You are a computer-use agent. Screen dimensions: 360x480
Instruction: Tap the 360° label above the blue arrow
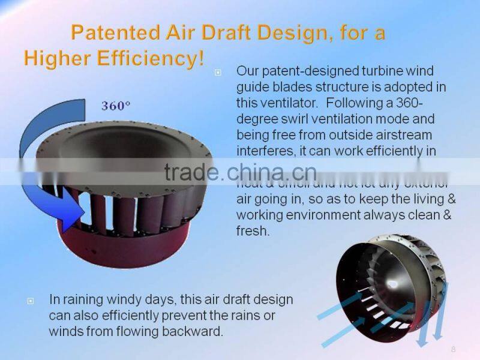pyautogui.click(x=116, y=106)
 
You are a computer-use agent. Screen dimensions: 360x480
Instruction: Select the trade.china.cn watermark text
pyautogui.click(x=240, y=172)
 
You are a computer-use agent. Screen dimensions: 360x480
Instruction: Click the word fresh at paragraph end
pyautogui.click(x=253, y=231)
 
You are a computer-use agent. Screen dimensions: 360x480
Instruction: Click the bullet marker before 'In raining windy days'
pyautogui.click(x=31, y=299)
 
